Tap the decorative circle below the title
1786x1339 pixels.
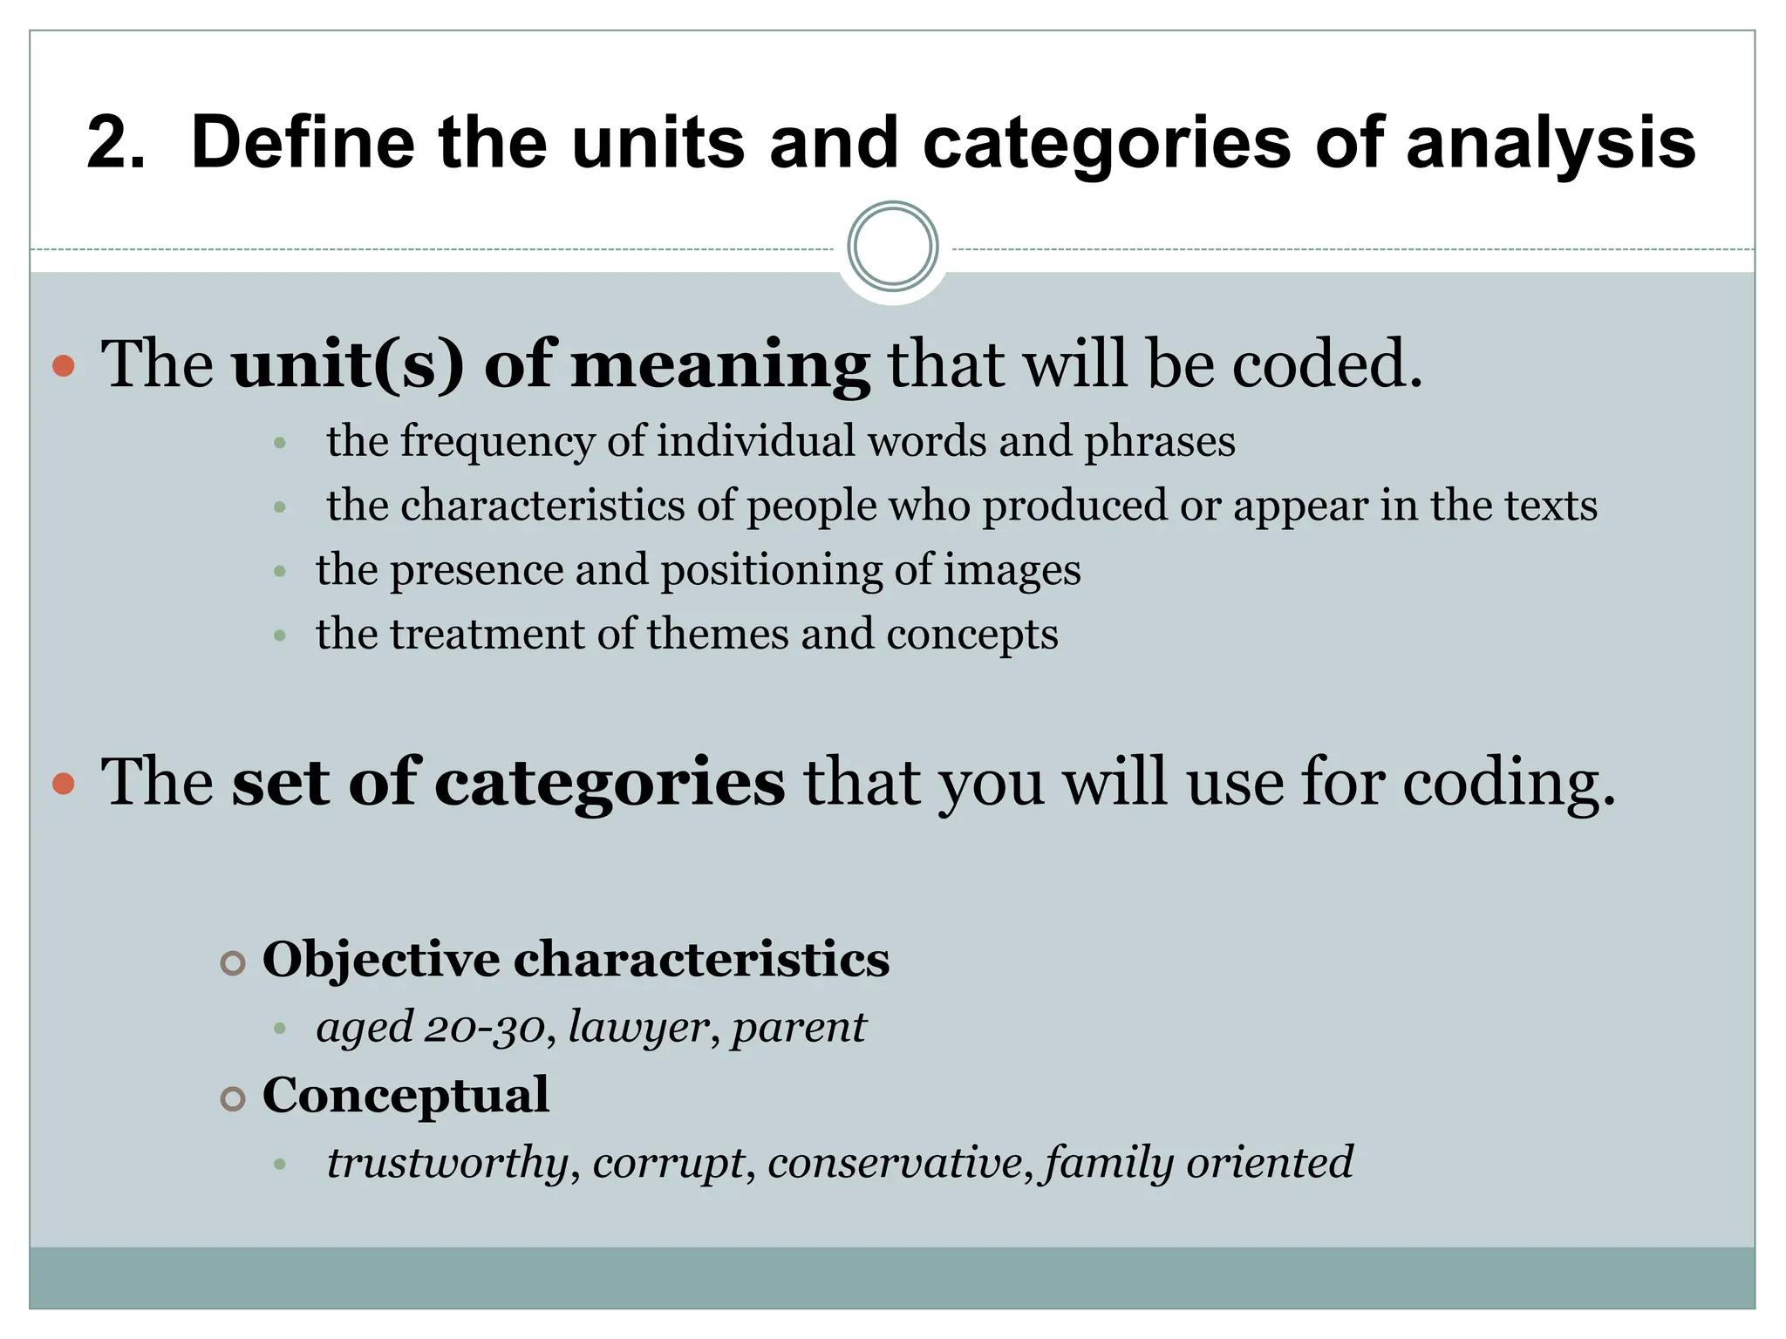click(x=892, y=247)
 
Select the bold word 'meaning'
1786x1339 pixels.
click(x=719, y=364)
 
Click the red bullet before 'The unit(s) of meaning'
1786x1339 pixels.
click(x=64, y=365)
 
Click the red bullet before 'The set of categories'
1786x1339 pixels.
click(x=64, y=784)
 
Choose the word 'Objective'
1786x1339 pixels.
click(x=381, y=960)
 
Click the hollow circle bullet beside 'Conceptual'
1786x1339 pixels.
click(x=232, y=1098)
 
